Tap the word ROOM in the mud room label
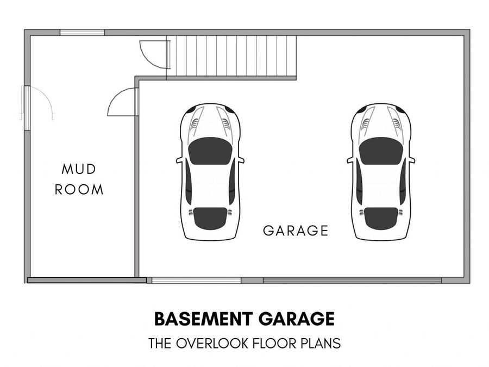click(x=79, y=189)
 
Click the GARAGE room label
click(x=296, y=231)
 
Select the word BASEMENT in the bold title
click(x=203, y=319)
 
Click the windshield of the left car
click(x=210, y=151)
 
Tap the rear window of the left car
click(x=210, y=219)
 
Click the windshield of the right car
click(x=381, y=151)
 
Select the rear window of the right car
click(x=381, y=219)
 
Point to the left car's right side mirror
click(x=241, y=160)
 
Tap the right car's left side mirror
click(x=350, y=160)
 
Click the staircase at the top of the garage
click(x=231, y=56)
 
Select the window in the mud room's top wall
click(x=82, y=32)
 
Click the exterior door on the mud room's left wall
click(x=37, y=103)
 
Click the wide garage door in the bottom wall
click(x=353, y=280)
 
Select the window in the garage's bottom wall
click(x=196, y=280)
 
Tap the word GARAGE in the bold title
click(x=296, y=319)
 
